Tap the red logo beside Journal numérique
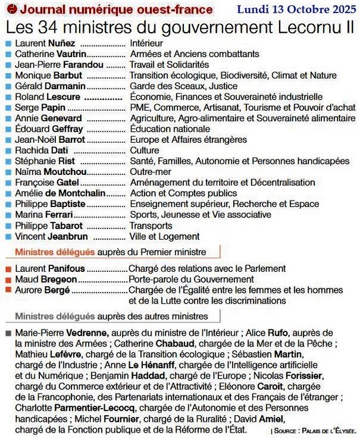pyautogui.click(x=9, y=9)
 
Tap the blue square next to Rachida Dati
pyautogui.click(x=7, y=151)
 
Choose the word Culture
pyautogui.click(x=145, y=151)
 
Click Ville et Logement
pyautogui.click(x=164, y=236)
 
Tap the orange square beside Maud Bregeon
pyautogui.click(x=7, y=280)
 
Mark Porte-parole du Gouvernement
pyautogui.click(x=191, y=280)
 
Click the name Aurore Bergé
pyautogui.click(x=43, y=290)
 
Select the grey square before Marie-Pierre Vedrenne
pyautogui.click(x=7, y=333)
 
